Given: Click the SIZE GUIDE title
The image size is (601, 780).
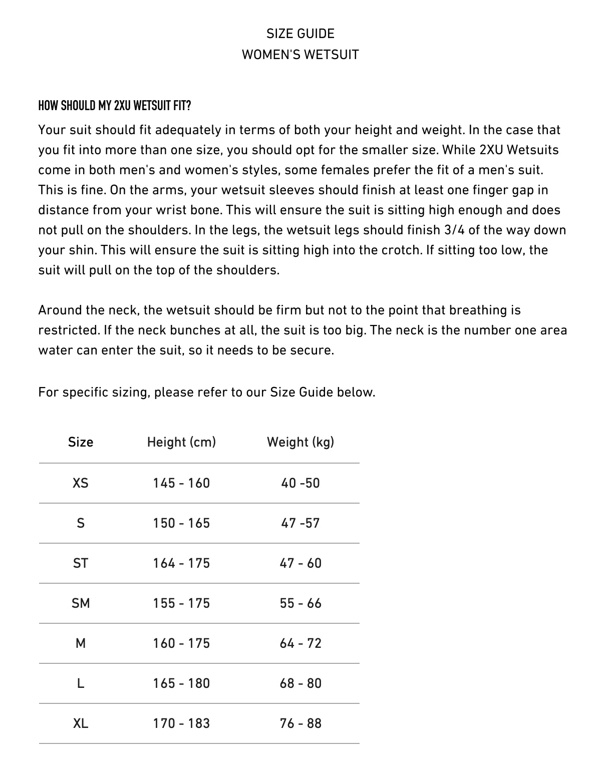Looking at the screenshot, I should (300, 34).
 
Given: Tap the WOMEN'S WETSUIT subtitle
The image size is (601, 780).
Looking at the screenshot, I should (300, 54).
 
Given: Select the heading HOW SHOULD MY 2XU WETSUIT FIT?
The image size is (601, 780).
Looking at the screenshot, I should (115, 106).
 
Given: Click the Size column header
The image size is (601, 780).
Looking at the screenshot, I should (81, 442).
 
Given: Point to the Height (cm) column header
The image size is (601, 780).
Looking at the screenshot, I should (181, 442).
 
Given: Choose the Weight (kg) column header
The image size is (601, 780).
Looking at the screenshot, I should (300, 442).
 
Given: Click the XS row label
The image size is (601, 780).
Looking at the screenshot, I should (81, 483).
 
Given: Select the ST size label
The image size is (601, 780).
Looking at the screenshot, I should (81, 563).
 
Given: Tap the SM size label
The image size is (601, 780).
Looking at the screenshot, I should (81, 603).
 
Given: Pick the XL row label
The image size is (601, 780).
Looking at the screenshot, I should (81, 723).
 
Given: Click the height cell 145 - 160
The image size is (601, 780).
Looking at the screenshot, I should (181, 483).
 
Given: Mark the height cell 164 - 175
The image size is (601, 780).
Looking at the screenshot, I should (181, 563).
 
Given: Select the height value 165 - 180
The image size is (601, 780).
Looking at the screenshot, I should (181, 683).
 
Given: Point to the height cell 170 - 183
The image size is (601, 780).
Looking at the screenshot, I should (181, 723).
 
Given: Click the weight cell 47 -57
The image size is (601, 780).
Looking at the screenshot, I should (300, 523).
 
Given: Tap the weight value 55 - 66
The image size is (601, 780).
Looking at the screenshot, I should (300, 603).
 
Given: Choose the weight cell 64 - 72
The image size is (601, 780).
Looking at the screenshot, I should (300, 643).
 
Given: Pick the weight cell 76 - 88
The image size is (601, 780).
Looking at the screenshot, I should (300, 723).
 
